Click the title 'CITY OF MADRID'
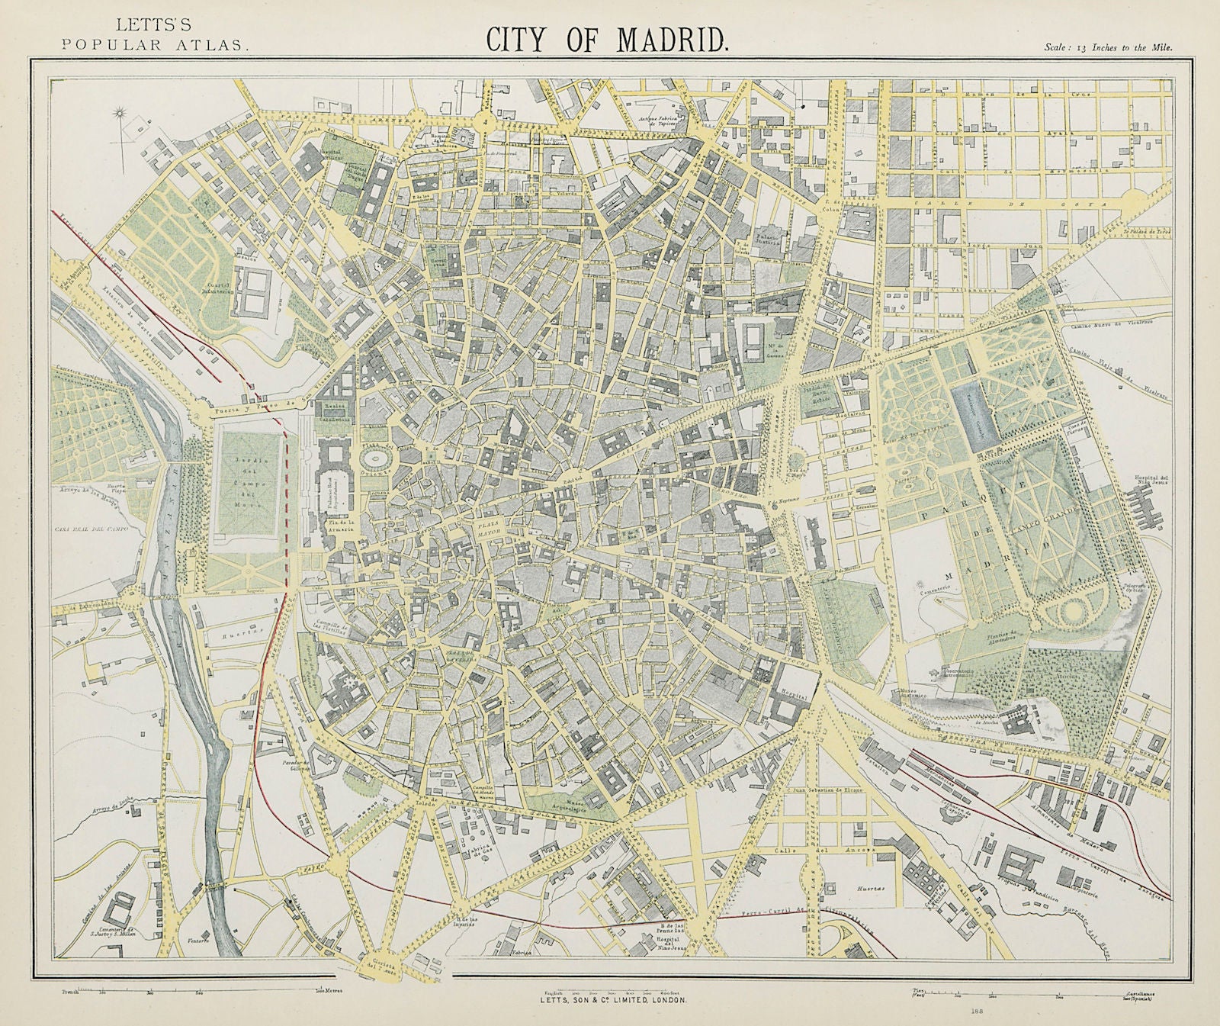(608, 40)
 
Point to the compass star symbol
(119, 116)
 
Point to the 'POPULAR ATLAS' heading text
(156, 43)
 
